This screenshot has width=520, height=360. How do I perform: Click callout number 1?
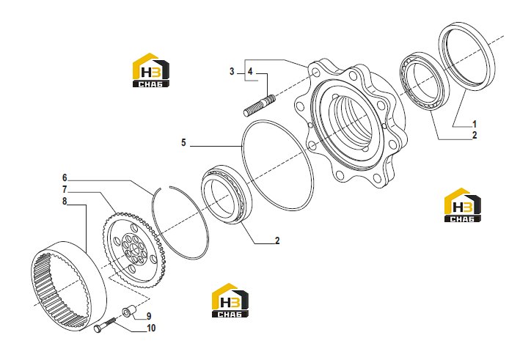(x=475, y=125)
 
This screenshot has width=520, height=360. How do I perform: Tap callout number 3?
(x=232, y=71)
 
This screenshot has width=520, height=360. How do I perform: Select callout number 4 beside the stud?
(x=250, y=71)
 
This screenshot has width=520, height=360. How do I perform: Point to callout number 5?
(x=183, y=143)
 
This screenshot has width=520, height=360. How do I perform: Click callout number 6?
(x=65, y=178)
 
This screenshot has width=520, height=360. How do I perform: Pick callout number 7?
(x=65, y=190)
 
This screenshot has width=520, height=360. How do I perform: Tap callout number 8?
(x=65, y=201)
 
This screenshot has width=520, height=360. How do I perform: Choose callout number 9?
(x=149, y=316)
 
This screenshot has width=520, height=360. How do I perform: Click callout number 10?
(x=151, y=328)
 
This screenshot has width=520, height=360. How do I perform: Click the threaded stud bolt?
(x=260, y=106)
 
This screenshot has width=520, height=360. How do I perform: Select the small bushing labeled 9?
(x=129, y=312)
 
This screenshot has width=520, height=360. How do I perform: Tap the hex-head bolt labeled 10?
(x=104, y=325)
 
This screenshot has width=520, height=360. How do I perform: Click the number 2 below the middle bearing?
(x=277, y=240)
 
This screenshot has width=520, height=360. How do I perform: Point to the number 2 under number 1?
(x=475, y=135)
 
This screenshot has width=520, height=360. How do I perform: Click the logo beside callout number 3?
(x=151, y=70)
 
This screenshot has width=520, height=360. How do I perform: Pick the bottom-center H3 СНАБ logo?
(x=230, y=301)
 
